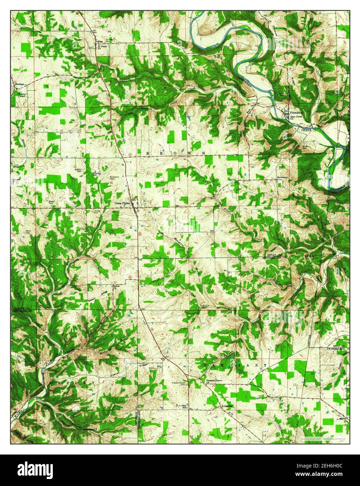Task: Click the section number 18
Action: [62, 130]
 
